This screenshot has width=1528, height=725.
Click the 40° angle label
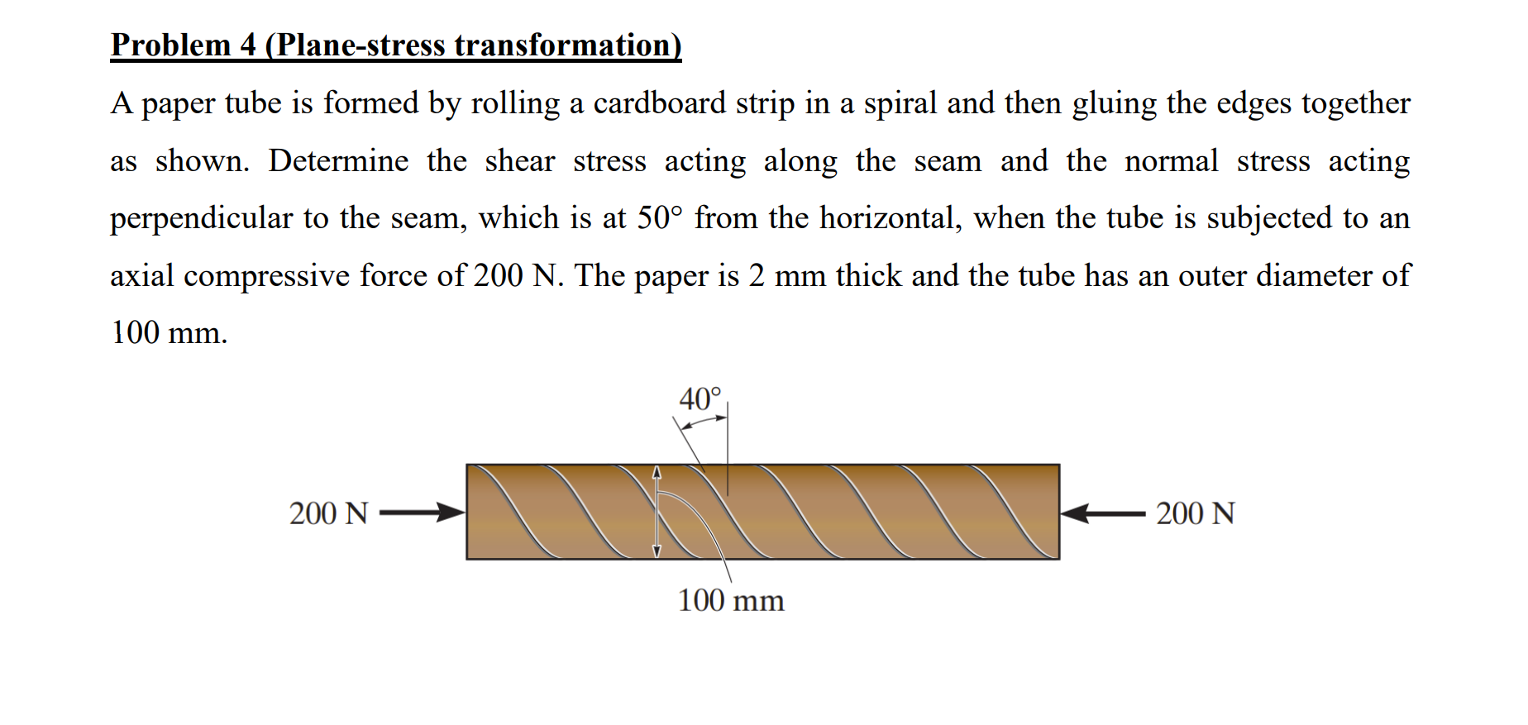click(x=700, y=399)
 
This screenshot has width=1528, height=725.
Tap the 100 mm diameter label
click(x=731, y=600)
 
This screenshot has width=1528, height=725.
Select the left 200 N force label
click(x=328, y=513)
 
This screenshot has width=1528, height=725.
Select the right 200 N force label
click(x=1195, y=513)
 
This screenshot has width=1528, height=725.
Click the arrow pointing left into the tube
click(x=1102, y=513)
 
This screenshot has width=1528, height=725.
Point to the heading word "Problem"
click(x=171, y=45)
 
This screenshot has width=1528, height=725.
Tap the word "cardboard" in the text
click(x=659, y=103)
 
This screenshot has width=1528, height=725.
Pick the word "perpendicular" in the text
click(x=202, y=218)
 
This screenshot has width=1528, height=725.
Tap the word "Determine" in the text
click(x=338, y=160)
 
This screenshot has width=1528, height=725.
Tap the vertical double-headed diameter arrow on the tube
click(x=657, y=512)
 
